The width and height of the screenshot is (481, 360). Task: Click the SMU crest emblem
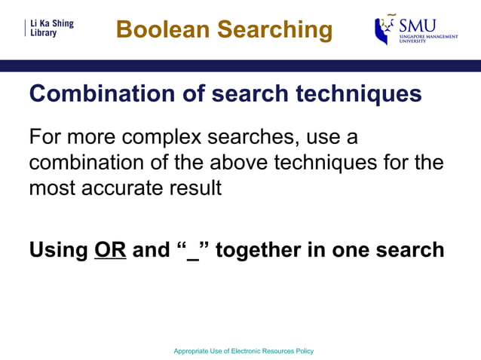pyautogui.click(x=385, y=29)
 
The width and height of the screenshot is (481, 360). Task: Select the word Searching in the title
pyautogui.click(x=274, y=29)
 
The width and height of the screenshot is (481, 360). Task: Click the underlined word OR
pyautogui.click(x=110, y=249)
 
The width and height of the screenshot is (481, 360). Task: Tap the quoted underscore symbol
pyautogui.click(x=192, y=249)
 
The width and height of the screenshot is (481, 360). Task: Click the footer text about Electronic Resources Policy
pyautogui.click(x=243, y=351)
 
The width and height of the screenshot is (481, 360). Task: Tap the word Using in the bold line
pyautogui.click(x=58, y=249)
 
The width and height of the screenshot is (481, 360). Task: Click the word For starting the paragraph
pyautogui.click(x=44, y=139)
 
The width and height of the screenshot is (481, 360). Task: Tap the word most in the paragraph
pyautogui.click(x=51, y=188)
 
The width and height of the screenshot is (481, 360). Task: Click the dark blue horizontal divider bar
pyautogui.click(x=240, y=66)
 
